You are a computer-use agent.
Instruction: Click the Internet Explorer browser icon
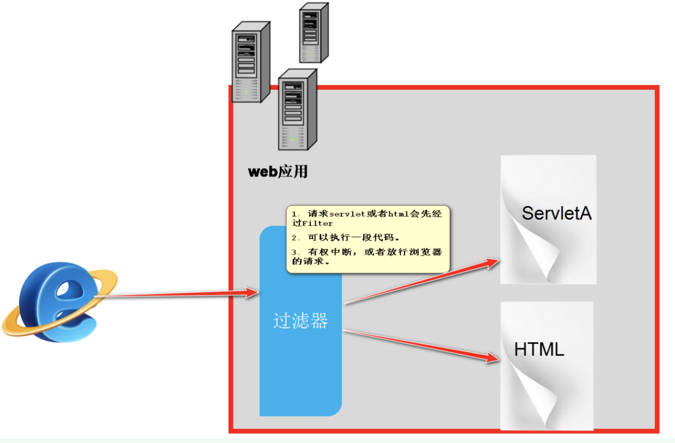[60, 302]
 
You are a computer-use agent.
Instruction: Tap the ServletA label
[556, 213]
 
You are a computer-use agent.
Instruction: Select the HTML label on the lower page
[539, 349]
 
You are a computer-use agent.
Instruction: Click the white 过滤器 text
[300, 321]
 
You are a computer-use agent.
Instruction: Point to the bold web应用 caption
[278, 172]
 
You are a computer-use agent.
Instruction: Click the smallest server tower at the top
[314, 33]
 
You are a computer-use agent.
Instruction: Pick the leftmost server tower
[251, 62]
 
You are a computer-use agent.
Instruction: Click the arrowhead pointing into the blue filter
[252, 292]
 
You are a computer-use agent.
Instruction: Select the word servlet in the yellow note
[347, 214]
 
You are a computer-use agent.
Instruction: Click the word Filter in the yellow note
[317, 224]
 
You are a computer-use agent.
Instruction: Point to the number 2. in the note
[295, 238]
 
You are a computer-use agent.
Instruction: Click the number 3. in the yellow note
[295, 252]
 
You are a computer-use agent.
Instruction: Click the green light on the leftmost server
[246, 91]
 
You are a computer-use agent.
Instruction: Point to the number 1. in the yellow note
[295, 214]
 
